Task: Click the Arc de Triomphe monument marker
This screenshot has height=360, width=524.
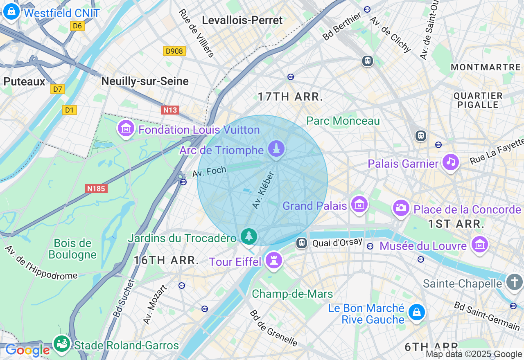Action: point(277,148)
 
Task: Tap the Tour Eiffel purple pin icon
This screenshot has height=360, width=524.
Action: point(273,260)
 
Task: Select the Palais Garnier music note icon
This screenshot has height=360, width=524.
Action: point(450,162)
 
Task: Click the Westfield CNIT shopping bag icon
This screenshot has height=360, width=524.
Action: point(11,12)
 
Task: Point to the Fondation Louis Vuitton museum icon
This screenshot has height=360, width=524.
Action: point(126,128)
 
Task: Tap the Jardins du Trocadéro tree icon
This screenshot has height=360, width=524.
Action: point(248,236)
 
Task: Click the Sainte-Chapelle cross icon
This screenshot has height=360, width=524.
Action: point(514,282)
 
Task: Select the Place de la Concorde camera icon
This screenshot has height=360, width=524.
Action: point(401,208)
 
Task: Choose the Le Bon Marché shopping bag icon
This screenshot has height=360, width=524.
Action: point(416,313)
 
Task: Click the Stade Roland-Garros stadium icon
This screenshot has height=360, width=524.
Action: point(62,343)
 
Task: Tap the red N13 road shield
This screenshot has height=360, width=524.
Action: point(170,110)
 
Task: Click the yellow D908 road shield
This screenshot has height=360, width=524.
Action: point(174,51)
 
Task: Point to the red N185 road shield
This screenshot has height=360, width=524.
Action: point(96,189)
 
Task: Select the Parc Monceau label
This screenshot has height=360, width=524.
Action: point(343,121)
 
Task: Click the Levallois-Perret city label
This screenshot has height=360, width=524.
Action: point(242,20)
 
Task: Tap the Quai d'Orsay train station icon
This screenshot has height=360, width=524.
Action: point(302,243)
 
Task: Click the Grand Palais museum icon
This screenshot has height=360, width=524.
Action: point(359,204)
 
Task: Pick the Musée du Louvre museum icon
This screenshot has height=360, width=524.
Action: point(479,244)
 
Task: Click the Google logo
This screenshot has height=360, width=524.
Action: point(28,350)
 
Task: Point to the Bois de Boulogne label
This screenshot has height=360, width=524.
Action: point(72,249)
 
